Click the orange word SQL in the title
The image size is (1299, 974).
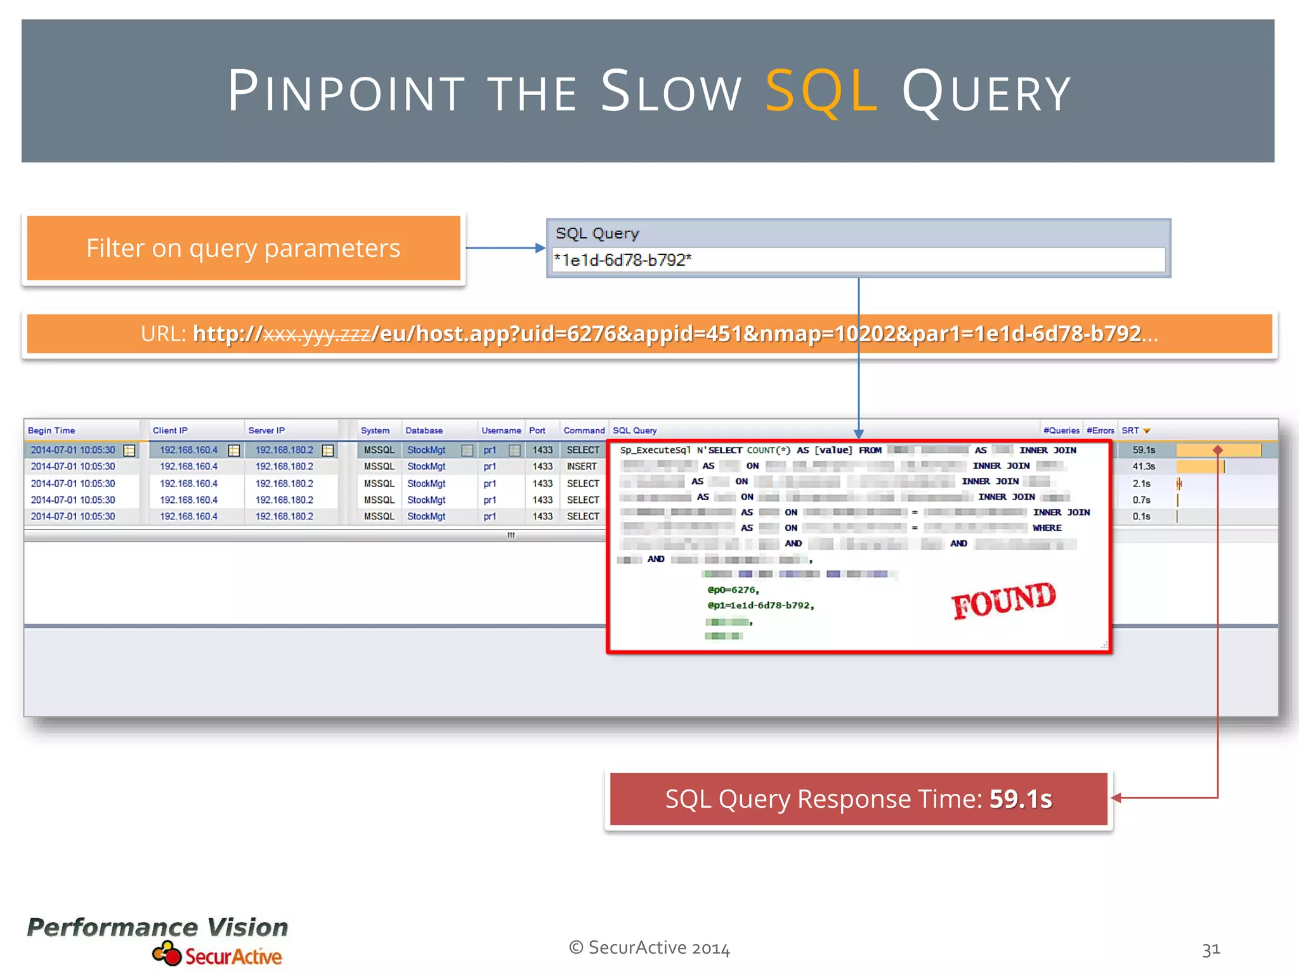821,92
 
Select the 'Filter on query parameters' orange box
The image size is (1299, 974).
244,248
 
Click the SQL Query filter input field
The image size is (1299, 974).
858,260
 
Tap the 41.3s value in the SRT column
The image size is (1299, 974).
1144,467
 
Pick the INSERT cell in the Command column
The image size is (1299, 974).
582,467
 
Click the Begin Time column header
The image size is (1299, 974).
51,431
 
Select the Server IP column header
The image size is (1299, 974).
266,431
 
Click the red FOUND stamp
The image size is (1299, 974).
1003,600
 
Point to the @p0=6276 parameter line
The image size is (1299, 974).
733,590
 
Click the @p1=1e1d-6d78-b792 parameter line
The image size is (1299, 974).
760,606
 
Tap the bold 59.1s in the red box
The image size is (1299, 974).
1021,799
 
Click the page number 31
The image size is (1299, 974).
1211,949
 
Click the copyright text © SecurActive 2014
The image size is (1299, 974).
649,948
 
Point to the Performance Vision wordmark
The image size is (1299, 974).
157,927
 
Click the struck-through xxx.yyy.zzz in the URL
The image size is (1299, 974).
317,334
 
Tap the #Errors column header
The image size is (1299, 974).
1100,431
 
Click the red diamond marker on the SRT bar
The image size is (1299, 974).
1218,450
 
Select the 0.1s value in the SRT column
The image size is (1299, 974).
1141,517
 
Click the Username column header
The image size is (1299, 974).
501,431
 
